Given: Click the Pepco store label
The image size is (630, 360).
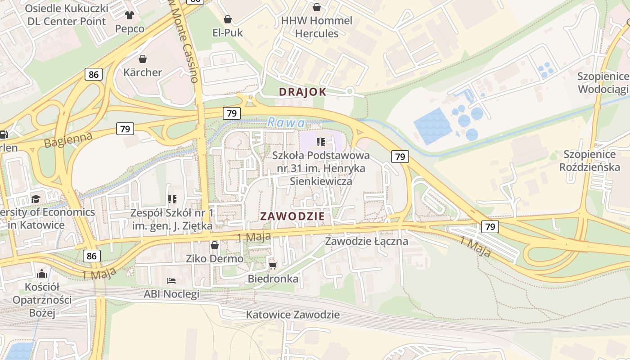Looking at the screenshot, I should (130, 29).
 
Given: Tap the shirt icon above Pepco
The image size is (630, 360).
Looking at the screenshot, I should (130, 15).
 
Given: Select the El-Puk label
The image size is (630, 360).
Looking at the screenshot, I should (228, 32).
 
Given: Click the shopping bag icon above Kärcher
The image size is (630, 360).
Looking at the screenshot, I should (143, 59).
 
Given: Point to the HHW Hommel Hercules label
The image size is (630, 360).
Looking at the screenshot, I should (316, 27).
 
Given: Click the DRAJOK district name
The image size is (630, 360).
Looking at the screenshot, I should (302, 92).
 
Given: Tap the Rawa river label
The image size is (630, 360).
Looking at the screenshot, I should (286, 122).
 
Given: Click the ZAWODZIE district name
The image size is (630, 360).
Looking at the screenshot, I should (292, 216).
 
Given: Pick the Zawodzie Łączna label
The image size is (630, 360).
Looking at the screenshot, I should (366, 241).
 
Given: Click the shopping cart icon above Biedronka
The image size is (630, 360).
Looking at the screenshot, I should (273, 265).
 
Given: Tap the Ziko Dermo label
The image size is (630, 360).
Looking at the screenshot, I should (215, 259).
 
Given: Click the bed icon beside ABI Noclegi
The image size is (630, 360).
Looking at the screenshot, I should (171, 281).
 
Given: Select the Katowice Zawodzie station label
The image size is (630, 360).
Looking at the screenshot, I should (292, 315).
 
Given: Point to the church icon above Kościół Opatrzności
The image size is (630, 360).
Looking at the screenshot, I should (42, 273).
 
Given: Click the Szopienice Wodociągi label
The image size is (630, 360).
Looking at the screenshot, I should (603, 83).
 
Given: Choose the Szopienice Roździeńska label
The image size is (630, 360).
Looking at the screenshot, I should (589, 161).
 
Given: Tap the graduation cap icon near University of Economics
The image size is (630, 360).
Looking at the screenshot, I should (36, 199).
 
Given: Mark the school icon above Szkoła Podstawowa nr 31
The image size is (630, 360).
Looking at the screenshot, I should (321, 143).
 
